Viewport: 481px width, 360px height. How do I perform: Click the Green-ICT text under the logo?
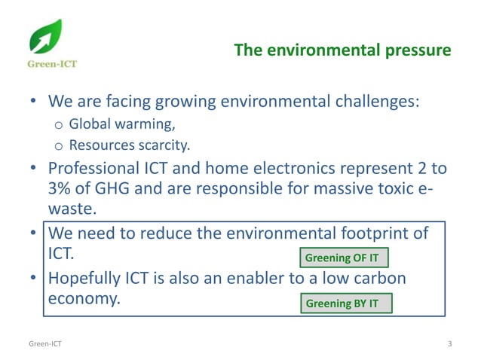52,64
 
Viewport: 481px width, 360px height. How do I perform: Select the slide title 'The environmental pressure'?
342,50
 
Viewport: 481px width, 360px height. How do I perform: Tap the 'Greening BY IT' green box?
342,304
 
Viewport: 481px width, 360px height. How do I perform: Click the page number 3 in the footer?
449,344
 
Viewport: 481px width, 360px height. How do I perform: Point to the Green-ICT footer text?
45,344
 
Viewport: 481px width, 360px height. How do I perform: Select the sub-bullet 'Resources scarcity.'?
130,144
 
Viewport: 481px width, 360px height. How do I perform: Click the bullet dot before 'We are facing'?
34,102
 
